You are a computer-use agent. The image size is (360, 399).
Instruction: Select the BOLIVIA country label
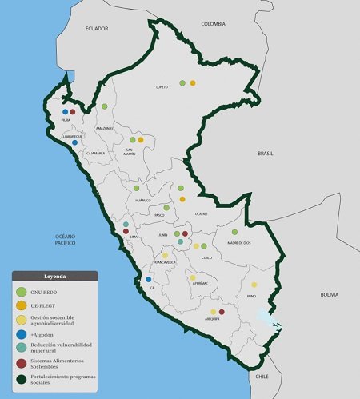pos(329,294)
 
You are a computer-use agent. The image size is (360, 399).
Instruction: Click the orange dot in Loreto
pos(193,82)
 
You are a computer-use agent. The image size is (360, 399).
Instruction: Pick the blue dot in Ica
pos(149,280)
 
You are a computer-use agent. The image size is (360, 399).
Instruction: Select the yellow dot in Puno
pos(254,285)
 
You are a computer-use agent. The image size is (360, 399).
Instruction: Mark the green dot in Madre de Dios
pos(234,232)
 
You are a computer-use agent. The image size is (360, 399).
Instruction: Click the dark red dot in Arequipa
pos(222,312)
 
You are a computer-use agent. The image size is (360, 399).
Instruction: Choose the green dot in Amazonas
pos(105,106)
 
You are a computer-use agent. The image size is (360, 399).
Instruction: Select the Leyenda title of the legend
pos(54,276)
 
